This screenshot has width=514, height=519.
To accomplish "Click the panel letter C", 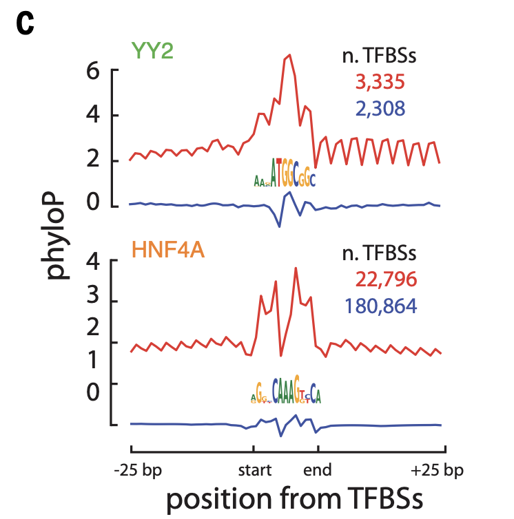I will (25, 24).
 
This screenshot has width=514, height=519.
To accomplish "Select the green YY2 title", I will (152, 51).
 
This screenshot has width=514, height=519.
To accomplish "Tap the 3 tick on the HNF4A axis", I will (94, 301).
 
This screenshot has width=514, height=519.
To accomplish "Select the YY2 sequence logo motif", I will (284, 173).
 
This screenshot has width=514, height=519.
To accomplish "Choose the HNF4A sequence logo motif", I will (285, 393).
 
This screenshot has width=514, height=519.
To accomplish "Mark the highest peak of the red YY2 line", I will (289, 55).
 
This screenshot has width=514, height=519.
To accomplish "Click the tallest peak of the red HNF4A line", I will (296, 268).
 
